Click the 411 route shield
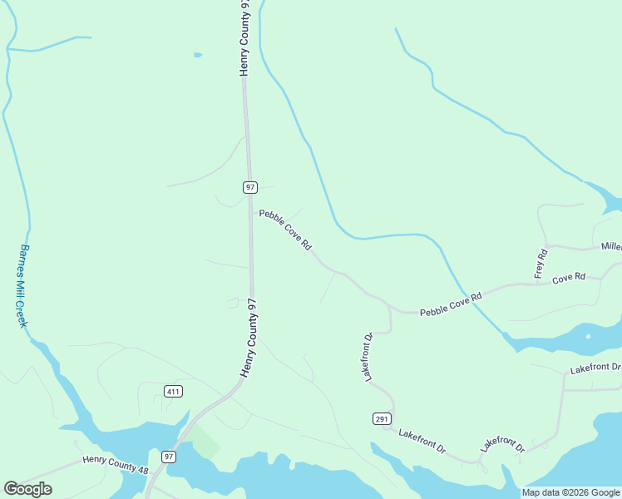(173, 392)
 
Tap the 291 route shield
(382, 418)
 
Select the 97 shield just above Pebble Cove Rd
(250, 187)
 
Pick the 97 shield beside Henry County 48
(169, 457)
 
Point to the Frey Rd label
(541, 264)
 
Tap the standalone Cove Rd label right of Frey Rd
(569, 277)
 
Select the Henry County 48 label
(116, 465)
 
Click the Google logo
(27, 489)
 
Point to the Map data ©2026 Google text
(570, 492)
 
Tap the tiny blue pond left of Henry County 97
(198, 55)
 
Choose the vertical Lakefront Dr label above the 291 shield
(368, 358)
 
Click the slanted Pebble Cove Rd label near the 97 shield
(285, 230)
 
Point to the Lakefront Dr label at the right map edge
(595, 368)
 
